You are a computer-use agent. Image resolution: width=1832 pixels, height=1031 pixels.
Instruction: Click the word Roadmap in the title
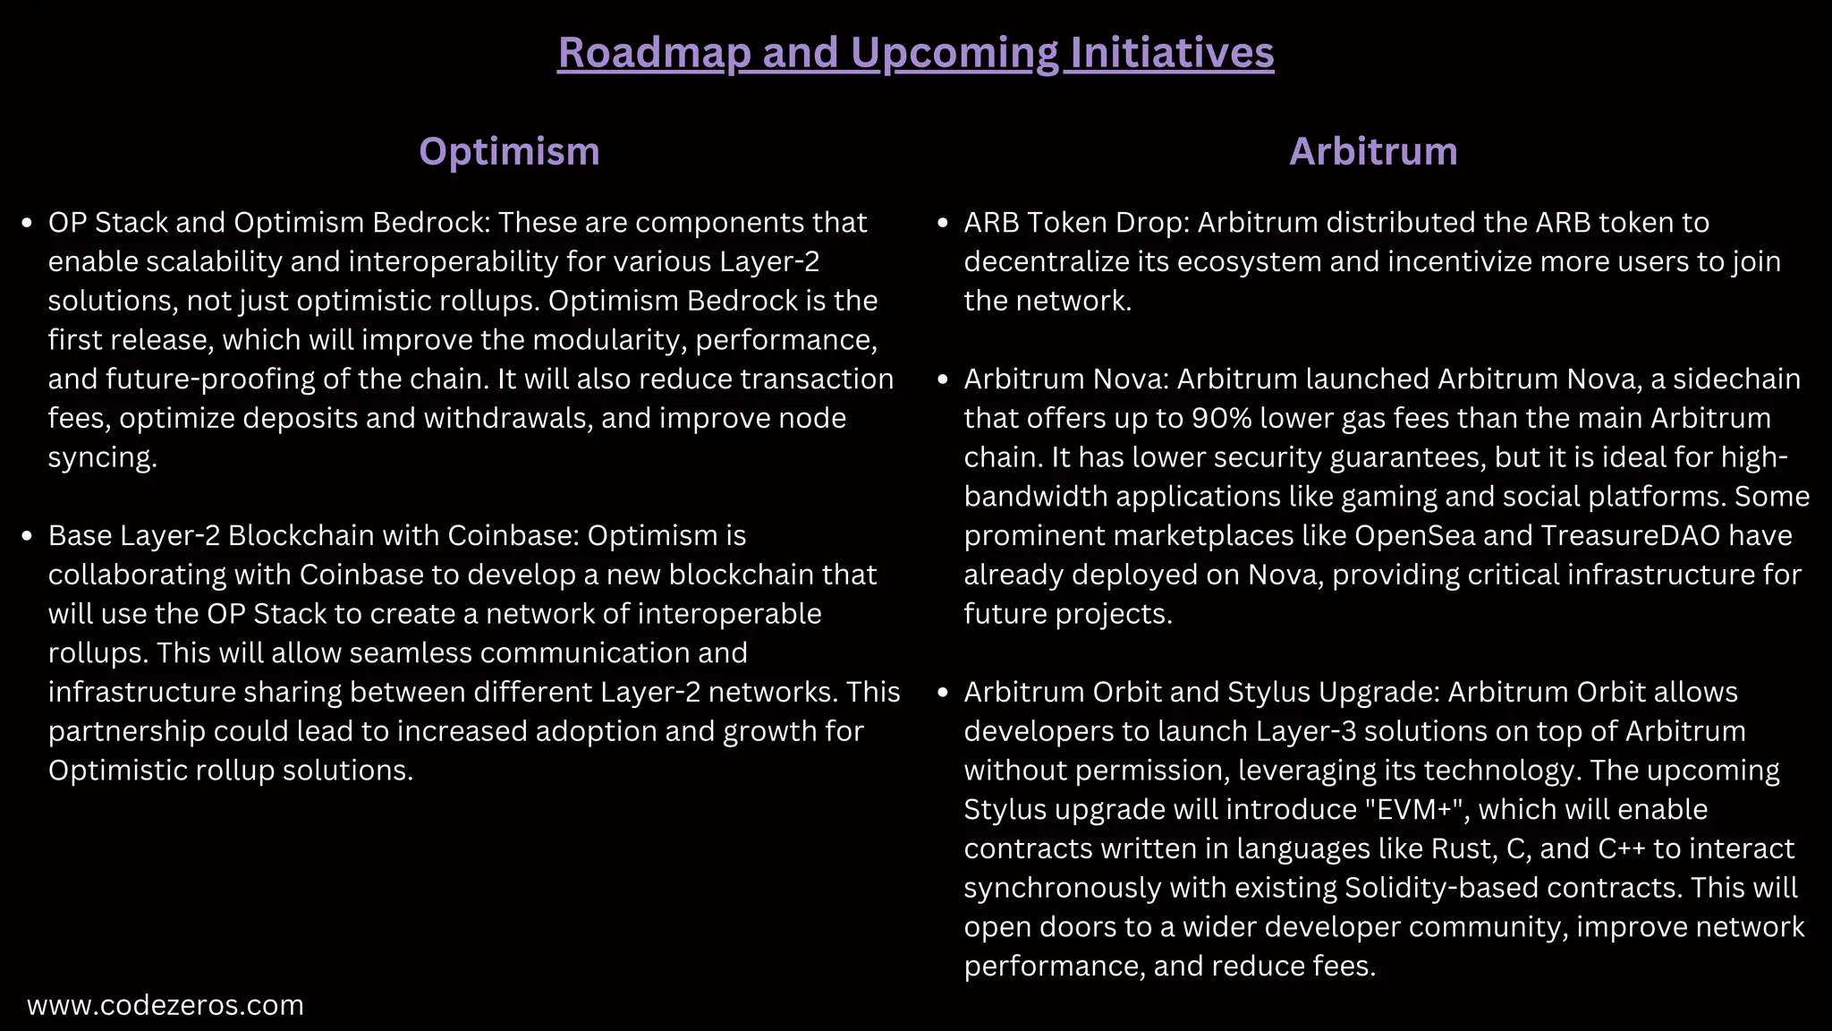(x=654, y=53)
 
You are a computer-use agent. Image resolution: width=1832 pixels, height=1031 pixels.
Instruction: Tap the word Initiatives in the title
(x=1172, y=53)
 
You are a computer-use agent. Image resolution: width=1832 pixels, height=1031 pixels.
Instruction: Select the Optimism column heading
(x=509, y=151)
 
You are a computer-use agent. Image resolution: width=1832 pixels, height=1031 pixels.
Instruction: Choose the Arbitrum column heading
(x=1373, y=151)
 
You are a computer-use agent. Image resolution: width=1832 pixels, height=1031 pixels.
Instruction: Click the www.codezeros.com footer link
(x=165, y=1005)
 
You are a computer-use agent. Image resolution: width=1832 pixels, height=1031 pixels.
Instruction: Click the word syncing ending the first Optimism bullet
(x=102, y=457)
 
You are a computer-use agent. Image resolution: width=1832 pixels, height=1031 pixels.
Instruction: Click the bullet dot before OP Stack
(x=27, y=223)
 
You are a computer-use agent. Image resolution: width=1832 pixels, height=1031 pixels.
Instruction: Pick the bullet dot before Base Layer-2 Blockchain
(x=27, y=536)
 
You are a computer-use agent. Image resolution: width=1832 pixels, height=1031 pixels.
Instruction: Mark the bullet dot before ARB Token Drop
(x=942, y=223)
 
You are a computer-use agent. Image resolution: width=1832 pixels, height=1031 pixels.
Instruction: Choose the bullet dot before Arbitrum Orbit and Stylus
(x=942, y=693)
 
